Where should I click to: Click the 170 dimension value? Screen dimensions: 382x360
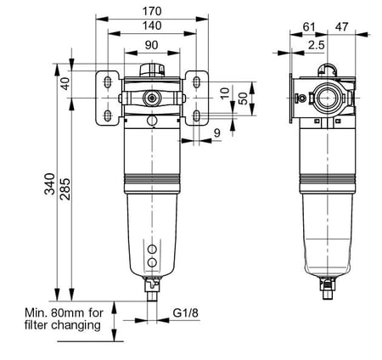152,11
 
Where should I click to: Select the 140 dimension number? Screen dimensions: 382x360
152,25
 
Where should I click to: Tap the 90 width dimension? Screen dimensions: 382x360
152,45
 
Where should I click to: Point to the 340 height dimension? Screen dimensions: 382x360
50,183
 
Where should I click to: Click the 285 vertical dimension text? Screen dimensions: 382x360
65,188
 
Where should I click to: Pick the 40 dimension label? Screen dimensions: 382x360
65,83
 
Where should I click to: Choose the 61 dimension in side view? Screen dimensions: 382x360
309,27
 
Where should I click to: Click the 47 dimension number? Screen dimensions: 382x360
341,27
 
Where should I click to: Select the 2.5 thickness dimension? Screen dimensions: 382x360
317,45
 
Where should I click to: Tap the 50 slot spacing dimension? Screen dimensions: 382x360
243,98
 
